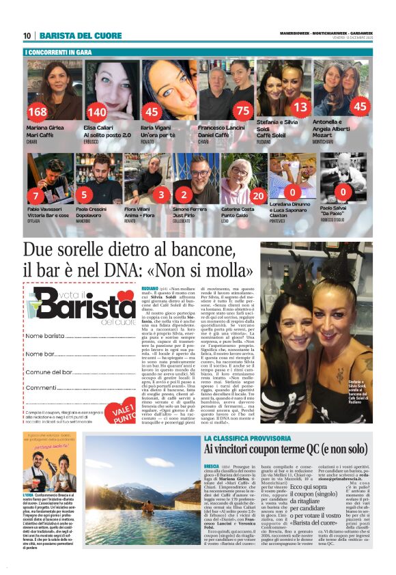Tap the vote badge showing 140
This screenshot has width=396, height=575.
(97, 112)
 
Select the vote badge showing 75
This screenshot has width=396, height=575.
(242, 111)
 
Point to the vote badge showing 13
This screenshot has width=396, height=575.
(300, 107)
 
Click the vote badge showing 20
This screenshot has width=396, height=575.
(258, 196)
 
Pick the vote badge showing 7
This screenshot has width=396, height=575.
(36, 196)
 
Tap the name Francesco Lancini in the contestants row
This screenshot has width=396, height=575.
(221, 128)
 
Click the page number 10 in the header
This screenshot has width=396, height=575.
(27, 36)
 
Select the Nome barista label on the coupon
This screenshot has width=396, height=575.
(45, 337)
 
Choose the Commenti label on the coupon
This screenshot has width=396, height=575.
(41, 387)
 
